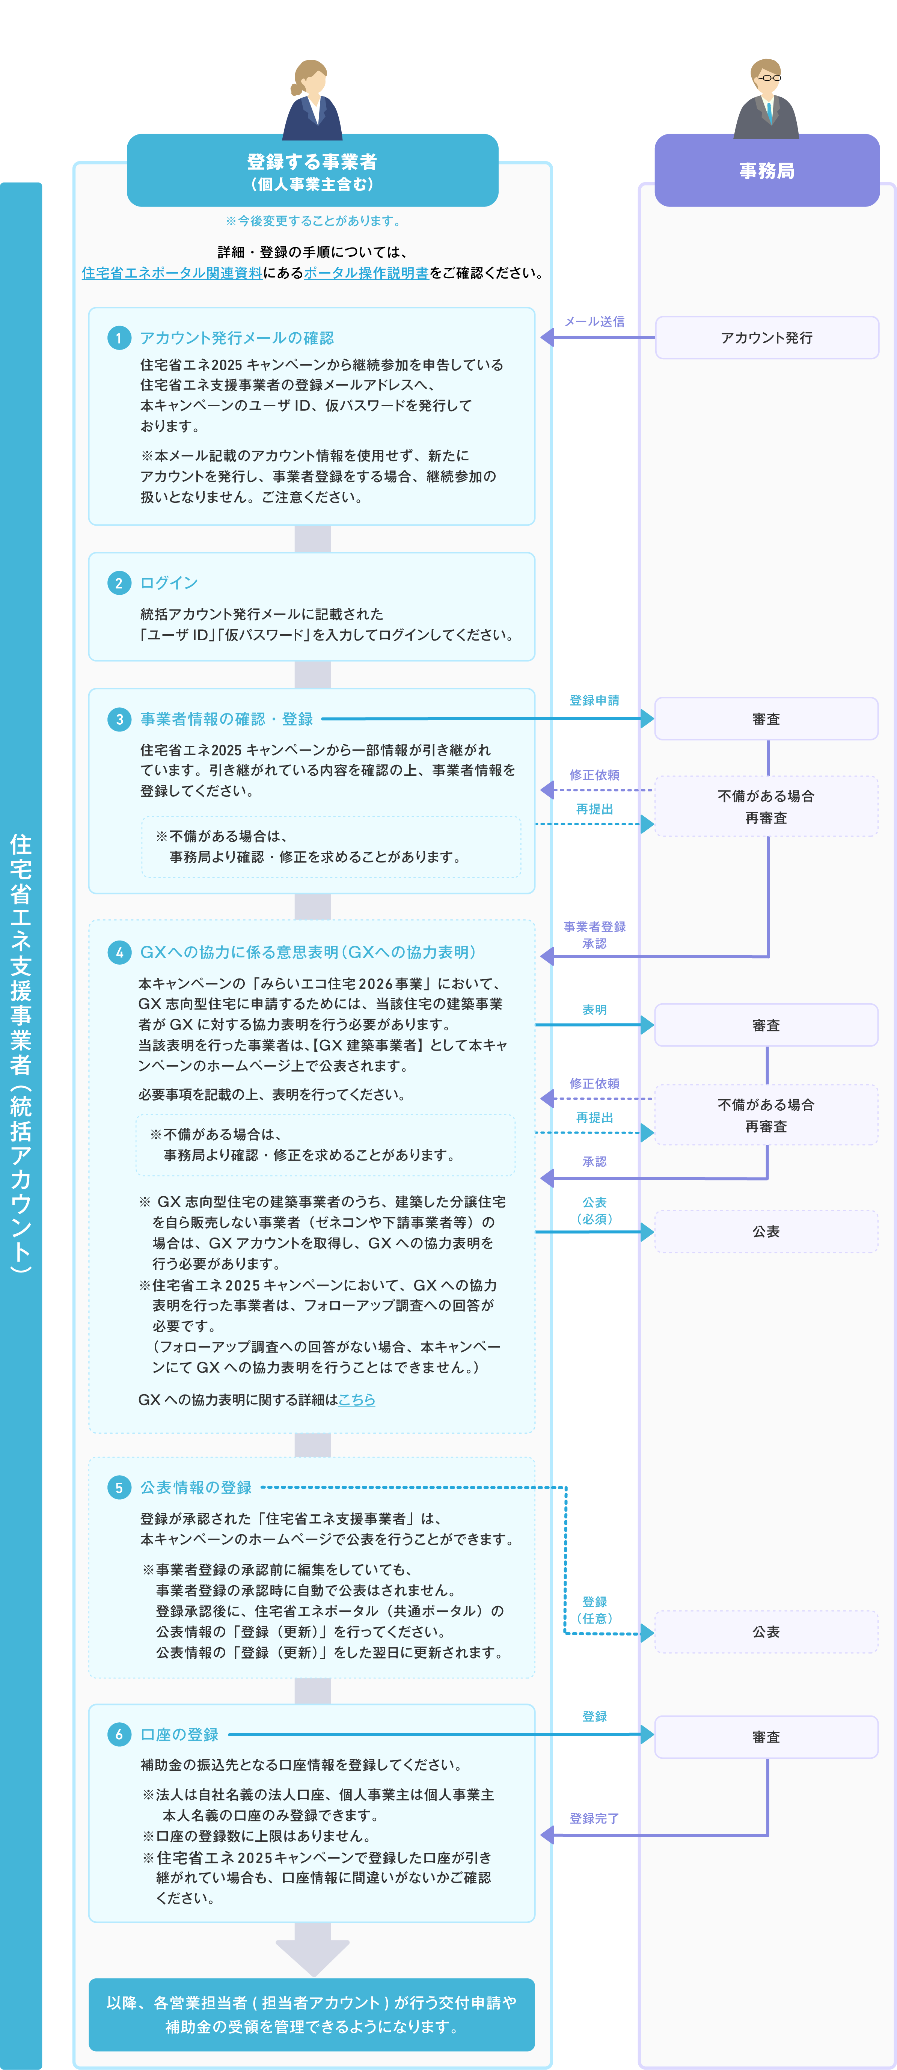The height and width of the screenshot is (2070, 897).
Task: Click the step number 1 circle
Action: point(119,338)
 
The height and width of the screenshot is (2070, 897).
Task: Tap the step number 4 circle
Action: point(119,952)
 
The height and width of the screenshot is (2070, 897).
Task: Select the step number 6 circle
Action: point(119,1734)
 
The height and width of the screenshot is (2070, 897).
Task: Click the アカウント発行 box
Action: point(767,338)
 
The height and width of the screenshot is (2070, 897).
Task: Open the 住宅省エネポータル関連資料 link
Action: point(171,273)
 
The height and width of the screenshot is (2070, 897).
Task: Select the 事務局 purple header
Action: point(767,170)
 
